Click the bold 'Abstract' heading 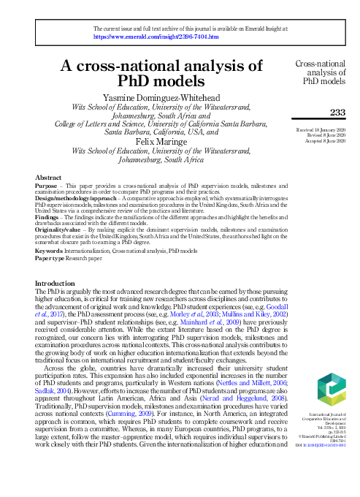[49, 178]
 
